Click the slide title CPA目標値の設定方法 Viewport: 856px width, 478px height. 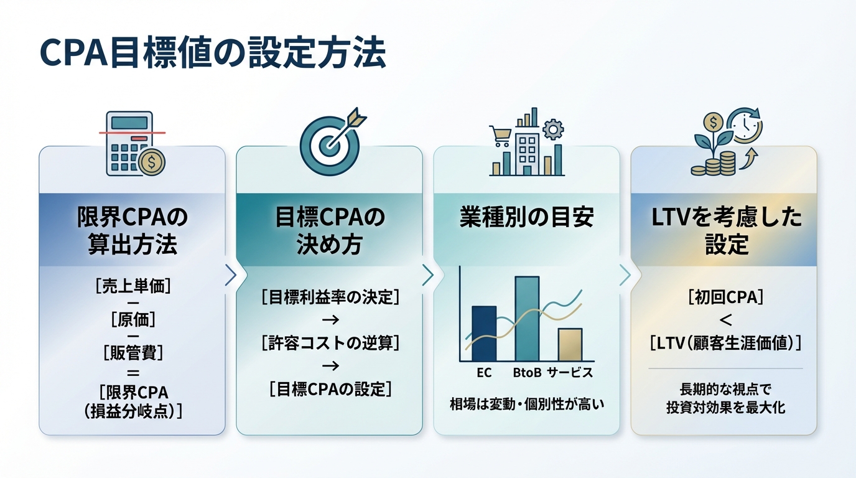(212, 53)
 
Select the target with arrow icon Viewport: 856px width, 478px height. (328, 142)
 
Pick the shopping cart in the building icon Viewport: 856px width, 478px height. (500, 134)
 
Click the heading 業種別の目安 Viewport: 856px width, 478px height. (526, 218)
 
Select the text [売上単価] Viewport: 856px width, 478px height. (133, 286)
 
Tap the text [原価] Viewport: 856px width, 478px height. (133, 320)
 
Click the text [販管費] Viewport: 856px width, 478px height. (133, 354)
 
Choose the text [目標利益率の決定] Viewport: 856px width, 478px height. (330, 297)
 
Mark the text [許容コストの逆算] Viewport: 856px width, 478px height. (330, 342)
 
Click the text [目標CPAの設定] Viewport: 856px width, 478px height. (330, 390)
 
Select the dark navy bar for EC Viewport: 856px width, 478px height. (484, 334)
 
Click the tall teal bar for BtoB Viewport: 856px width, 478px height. (527, 319)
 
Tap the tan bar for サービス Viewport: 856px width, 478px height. (569, 345)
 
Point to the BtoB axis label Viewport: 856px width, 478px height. (527, 373)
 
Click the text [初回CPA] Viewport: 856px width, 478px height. (725, 297)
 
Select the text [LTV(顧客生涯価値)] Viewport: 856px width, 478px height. (725, 342)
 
